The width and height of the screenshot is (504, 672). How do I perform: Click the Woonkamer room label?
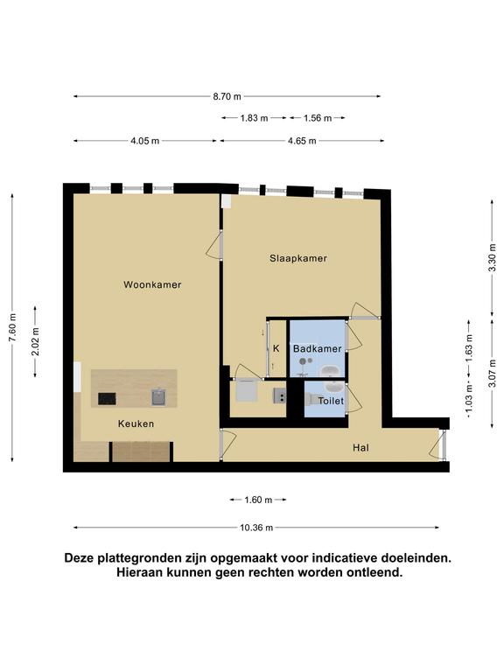tap(152, 284)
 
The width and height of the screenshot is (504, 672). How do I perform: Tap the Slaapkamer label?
tap(298, 258)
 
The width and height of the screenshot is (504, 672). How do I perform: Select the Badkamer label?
tap(317, 349)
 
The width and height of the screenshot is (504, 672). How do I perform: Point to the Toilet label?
tap(331, 401)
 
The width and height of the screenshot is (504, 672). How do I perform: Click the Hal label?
tap(360, 448)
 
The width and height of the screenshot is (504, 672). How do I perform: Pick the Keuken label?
tap(136, 423)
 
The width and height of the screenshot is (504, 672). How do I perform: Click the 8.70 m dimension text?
tap(227, 96)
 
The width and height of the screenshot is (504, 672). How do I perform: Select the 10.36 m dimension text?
tap(256, 528)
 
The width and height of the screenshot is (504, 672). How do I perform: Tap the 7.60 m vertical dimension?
tap(13, 328)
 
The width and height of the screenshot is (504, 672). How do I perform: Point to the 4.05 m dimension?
tap(145, 141)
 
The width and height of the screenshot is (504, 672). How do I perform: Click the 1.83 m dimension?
tap(254, 118)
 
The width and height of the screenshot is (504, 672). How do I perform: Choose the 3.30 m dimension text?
tap(493, 257)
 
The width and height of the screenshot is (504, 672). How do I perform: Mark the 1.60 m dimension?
tap(258, 500)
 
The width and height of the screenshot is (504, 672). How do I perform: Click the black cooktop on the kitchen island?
tap(107, 399)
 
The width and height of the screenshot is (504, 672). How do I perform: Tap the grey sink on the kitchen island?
tap(158, 397)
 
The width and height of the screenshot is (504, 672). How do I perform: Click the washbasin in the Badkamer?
tap(330, 371)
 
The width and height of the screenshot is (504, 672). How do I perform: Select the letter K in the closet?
tap(276, 348)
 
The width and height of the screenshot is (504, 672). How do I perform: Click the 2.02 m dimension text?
tap(36, 341)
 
